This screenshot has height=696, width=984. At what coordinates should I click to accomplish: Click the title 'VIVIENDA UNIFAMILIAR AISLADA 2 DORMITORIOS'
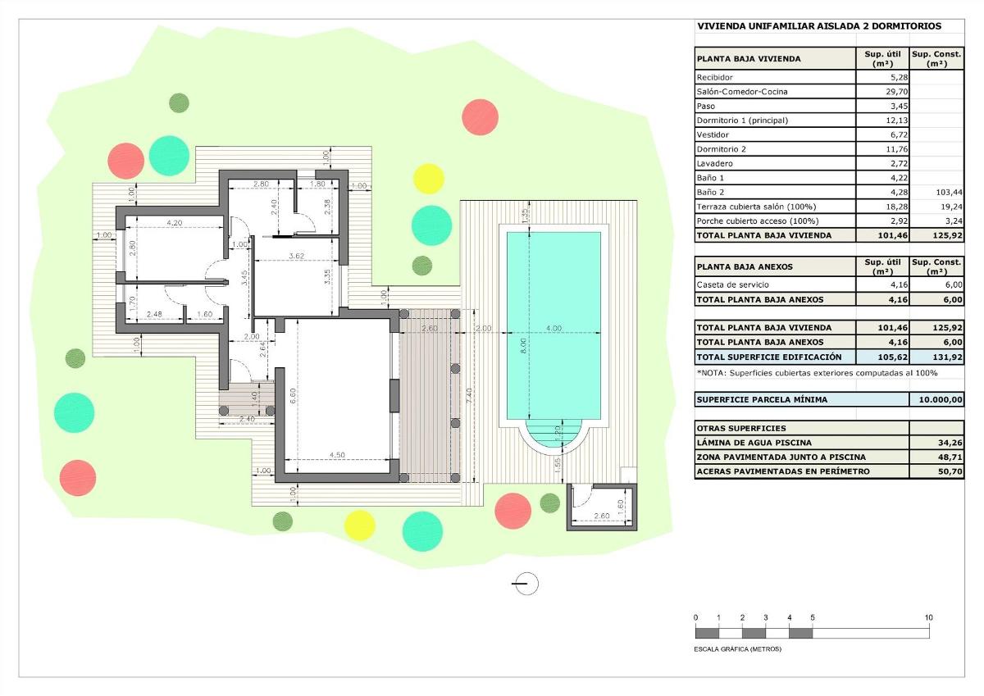point(818,26)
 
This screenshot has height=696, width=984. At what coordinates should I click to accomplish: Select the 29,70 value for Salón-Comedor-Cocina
point(882,92)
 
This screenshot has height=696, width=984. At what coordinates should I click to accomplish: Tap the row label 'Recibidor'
point(714,77)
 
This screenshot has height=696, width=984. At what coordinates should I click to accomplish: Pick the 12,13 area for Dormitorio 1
point(882,121)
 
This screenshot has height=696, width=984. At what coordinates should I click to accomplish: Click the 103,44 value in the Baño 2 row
point(936,192)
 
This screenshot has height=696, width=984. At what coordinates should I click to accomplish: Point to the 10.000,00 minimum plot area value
point(936,400)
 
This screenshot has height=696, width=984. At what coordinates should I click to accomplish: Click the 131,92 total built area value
point(936,357)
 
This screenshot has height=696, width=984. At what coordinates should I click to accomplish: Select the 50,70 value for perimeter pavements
point(936,471)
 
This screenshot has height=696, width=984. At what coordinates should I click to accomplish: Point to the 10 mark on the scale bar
point(929,617)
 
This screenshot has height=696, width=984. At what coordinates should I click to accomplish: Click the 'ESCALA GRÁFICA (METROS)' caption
point(738,648)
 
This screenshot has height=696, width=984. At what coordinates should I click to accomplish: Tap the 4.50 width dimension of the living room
point(336,456)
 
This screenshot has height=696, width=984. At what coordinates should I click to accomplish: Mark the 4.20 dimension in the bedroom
point(173,222)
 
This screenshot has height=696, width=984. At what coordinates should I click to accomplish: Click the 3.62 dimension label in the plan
point(297,256)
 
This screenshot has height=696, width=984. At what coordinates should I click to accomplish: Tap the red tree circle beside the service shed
point(513,510)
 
